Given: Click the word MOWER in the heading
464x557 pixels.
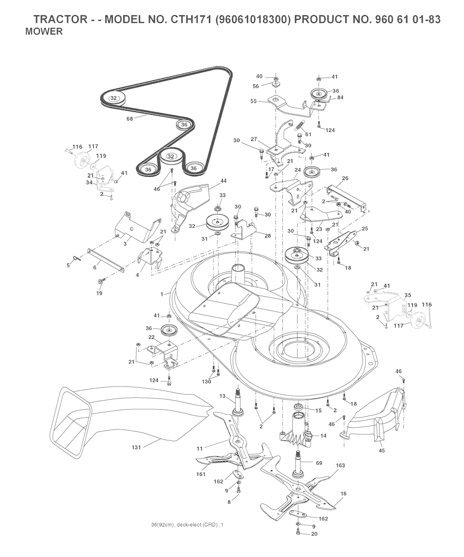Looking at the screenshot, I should pos(43,32).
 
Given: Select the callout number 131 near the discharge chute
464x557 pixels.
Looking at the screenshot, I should pos(135,447).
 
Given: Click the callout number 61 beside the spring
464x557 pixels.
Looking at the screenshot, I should pos(309,134).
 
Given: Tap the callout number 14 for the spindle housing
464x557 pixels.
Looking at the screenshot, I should pos(323,435).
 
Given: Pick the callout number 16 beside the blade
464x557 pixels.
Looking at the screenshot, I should pos(343,493).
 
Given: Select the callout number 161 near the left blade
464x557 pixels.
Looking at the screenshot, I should pos(201,474).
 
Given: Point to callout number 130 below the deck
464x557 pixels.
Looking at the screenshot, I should pos(207,381).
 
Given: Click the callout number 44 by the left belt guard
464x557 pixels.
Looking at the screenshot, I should pos(211,181).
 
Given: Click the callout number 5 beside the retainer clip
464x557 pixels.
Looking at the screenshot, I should pos(68,265).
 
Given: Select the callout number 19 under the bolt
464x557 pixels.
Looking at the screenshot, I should pos(99,293).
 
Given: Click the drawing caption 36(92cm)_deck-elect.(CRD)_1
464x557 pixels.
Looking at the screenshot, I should pos(187,525).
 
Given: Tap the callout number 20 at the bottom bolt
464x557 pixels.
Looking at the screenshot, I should pos(314,534).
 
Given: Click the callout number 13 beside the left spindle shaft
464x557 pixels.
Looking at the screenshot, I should pos(222,396).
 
